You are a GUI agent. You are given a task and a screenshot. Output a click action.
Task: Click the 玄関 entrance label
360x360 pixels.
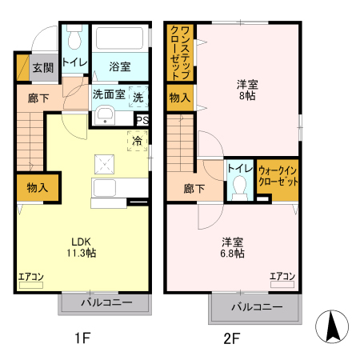pos(42,68)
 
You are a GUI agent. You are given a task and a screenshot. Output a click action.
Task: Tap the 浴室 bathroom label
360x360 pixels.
pos(121,68)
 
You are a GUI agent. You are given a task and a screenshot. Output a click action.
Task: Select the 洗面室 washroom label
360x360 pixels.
pos(108,94)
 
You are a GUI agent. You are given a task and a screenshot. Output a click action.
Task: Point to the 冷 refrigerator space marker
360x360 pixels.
pos(137,141)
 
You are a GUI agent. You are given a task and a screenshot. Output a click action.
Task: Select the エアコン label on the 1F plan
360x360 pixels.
pos(30,277)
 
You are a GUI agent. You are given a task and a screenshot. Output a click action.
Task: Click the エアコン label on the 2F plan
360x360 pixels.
pos(282,277)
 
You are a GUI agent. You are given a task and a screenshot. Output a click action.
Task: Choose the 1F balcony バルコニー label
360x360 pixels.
pos(104,303)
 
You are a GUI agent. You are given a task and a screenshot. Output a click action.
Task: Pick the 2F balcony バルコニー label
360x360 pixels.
pos(257,307)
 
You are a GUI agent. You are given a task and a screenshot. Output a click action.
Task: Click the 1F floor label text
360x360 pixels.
pos(81,338)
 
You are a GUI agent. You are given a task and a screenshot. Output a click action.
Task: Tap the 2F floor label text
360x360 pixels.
pos(231,338)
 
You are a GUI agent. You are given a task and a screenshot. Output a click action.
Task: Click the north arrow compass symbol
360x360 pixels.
pos(334,327)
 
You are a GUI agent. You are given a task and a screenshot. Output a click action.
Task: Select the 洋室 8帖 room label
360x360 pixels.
pos(246,89)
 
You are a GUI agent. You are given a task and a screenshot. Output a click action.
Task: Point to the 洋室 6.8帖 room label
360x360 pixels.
pos(233,247)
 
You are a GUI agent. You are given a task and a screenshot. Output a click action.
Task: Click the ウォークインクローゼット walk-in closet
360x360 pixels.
pos(278,177)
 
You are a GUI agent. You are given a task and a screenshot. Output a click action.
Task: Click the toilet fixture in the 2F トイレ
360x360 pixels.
pos(238,187)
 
